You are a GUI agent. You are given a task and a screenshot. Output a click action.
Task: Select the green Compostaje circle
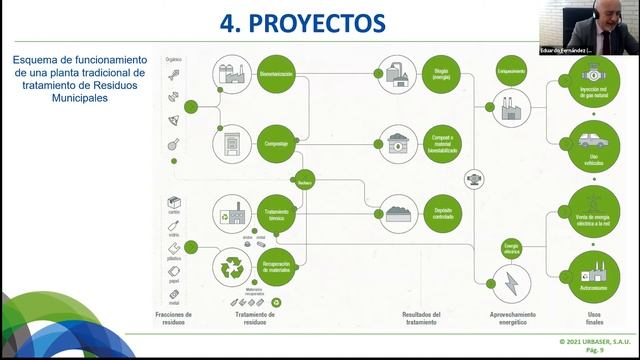click(276, 143)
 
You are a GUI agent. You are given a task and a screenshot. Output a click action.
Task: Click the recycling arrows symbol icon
click(233, 267)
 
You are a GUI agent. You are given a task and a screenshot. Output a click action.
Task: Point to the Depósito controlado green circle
click(439, 213)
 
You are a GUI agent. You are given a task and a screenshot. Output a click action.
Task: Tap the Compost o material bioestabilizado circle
click(439, 143)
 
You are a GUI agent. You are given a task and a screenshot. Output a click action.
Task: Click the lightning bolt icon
click(511, 282)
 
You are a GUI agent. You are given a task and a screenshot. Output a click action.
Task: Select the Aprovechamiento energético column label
click(511, 318)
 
